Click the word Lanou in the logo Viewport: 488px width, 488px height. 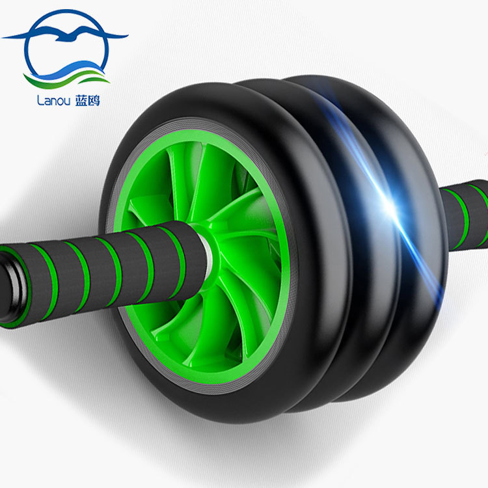click(53, 100)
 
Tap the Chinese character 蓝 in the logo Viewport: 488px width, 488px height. click(81, 100)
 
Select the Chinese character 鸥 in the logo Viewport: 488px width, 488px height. click(94, 100)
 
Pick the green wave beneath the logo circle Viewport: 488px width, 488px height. click(67, 79)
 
